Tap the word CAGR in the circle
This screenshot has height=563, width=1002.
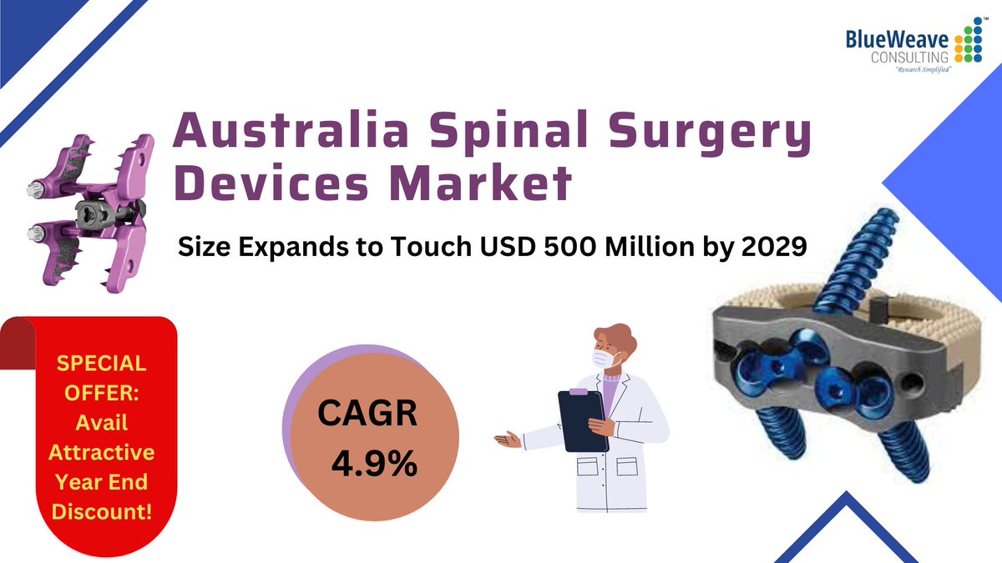[367, 415]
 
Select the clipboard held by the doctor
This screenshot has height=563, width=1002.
[582, 420]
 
